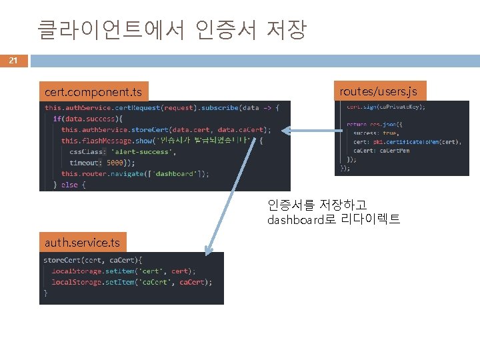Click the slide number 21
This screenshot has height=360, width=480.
(13, 61)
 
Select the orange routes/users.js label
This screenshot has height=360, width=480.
(378, 91)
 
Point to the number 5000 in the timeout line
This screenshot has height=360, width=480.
(116, 162)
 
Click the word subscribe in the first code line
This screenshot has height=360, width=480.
(218, 107)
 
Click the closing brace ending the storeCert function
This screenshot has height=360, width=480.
(45, 293)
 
